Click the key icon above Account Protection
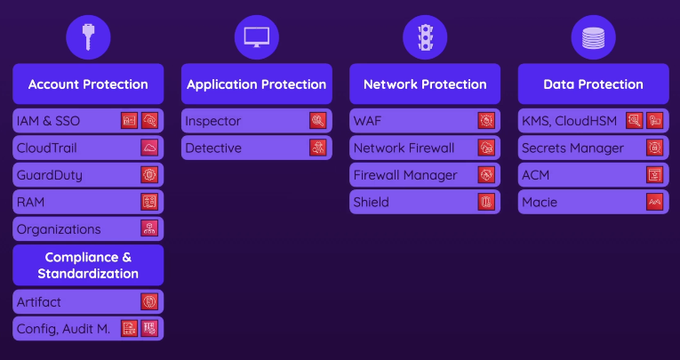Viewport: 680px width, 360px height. click(88, 36)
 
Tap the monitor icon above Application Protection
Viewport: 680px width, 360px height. click(256, 36)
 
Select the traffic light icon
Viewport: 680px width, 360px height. click(425, 36)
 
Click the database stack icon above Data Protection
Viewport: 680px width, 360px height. click(593, 36)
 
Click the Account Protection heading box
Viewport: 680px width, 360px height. click(88, 84)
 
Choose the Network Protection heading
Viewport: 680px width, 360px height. click(425, 84)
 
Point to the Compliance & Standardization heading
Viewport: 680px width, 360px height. click(88, 265)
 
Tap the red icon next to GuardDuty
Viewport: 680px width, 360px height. click(148, 175)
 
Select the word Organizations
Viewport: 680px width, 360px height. click(58, 228)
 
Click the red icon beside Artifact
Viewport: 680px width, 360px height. click(148, 302)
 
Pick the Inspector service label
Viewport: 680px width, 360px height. click(213, 121)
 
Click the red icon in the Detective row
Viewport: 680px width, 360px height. click(317, 148)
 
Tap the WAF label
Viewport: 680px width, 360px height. click(367, 121)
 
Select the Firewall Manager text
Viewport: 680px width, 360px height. click(405, 175)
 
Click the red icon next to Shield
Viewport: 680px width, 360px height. click(485, 202)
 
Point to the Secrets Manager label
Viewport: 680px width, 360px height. click(572, 148)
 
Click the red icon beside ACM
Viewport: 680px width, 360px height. click(654, 175)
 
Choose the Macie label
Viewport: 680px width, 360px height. click(540, 202)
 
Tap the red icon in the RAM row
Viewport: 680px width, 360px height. click(148, 202)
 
